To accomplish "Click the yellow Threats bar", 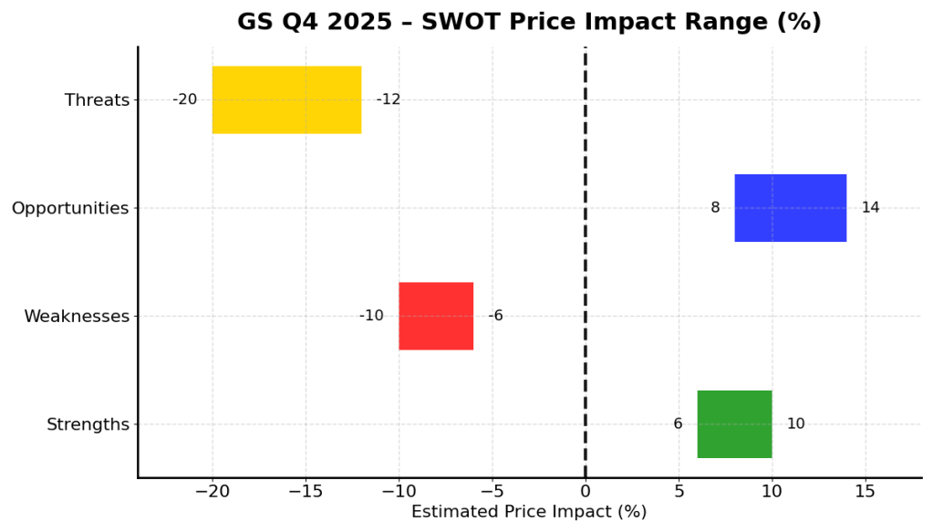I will tap(286, 99).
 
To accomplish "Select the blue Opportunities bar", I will tap(790, 208).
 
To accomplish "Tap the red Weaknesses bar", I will tap(436, 316).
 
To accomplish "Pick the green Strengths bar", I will tap(734, 424).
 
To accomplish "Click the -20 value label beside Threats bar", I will tap(184, 99).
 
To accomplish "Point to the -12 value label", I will tap(389, 99).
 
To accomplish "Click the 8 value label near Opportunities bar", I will tap(715, 208).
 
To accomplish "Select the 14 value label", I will tap(870, 208).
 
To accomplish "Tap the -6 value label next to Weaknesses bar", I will tap(495, 316).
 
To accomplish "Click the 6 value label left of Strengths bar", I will tap(678, 424).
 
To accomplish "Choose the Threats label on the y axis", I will tap(97, 100).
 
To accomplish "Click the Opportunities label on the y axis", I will tap(70, 209).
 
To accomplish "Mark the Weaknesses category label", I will tap(77, 317).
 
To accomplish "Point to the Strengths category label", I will tap(88, 425).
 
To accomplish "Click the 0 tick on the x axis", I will tap(585, 493).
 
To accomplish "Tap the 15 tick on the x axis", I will tap(865, 493).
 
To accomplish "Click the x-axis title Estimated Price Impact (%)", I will tap(529, 513).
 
